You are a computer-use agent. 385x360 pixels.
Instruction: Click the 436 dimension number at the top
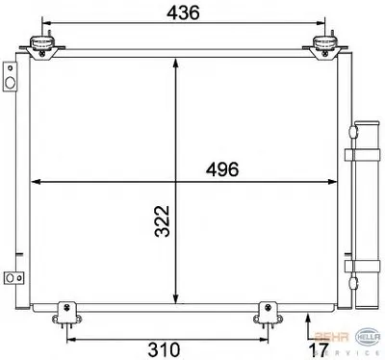[x=183, y=13]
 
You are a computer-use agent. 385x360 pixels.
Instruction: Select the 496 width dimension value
[x=222, y=169]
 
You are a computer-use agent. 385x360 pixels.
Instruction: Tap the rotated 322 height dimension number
[x=163, y=221]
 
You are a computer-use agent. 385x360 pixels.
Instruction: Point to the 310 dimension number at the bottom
[x=164, y=349]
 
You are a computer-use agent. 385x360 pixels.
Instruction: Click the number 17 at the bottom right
[x=319, y=349]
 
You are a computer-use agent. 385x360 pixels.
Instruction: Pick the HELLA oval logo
[x=369, y=337]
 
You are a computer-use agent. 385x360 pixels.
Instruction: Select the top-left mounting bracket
[x=42, y=47]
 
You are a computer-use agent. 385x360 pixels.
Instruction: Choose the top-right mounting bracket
[x=324, y=47]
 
